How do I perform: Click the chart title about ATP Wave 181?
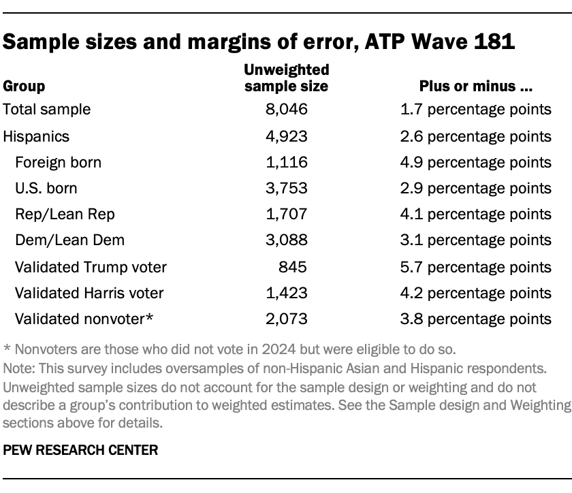click(x=259, y=40)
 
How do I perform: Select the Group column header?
click(x=25, y=86)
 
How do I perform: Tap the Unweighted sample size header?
click(x=286, y=78)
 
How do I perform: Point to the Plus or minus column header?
click(x=475, y=86)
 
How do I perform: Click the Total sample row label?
click(x=47, y=109)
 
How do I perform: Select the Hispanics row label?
click(x=36, y=136)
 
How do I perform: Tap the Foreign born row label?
click(x=58, y=162)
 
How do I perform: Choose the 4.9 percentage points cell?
click(x=475, y=162)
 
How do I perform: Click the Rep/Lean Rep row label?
click(x=65, y=214)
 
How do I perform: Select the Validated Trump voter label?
click(x=91, y=267)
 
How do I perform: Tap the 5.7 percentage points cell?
click(x=475, y=267)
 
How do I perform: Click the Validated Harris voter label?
click(x=89, y=293)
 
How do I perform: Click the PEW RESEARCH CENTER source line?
click(x=80, y=449)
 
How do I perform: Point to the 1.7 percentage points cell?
click(x=475, y=109)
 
